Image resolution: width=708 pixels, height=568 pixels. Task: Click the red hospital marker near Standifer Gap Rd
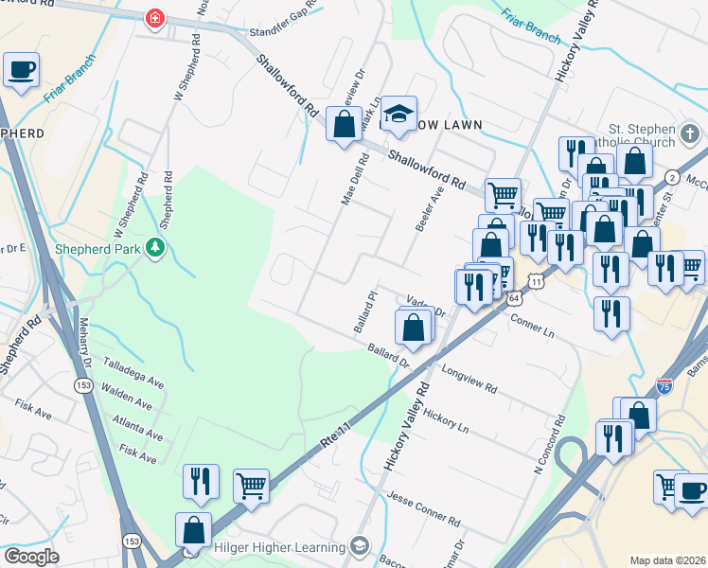coord(153,19)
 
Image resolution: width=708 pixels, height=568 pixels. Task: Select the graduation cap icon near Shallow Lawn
coord(399,115)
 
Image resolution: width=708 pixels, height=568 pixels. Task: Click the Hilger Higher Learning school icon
coord(359,546)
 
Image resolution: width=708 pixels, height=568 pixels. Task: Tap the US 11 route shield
coord(537,282)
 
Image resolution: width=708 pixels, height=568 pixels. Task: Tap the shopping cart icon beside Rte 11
coord(251,486)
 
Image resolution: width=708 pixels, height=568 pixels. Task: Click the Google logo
coord(30,557)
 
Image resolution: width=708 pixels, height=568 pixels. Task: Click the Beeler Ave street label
coord(423,207)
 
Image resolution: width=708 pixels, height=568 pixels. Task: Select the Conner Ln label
coord(531,326)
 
